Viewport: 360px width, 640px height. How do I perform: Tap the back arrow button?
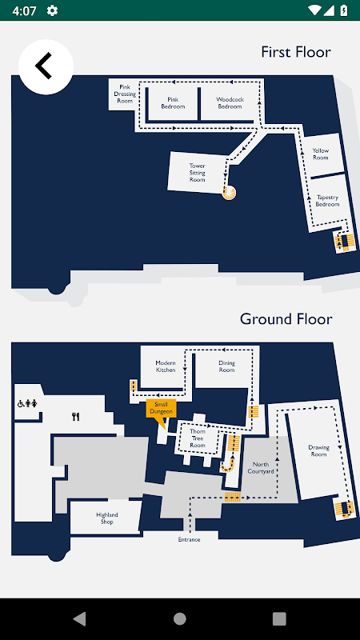[46, 67]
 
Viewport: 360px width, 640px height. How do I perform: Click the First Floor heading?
[296, 52]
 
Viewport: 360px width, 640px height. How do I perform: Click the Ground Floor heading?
[286, 318]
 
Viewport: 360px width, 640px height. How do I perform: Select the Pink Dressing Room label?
[125, 94]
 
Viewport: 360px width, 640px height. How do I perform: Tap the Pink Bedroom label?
[173, 103]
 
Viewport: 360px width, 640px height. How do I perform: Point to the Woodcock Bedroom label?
[230, 103]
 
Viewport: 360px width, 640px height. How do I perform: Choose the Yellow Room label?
[321, 154]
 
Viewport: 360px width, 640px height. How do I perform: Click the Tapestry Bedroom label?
[327, 201]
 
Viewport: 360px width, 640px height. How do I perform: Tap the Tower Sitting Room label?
[197, 173]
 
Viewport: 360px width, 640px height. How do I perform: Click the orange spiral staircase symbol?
[229, 193]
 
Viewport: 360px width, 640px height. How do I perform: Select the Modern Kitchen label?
[166, 366]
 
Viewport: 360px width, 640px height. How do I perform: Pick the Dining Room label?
[226, 366]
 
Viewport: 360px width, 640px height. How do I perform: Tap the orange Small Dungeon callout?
[162, 410]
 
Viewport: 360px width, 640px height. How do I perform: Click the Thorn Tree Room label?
[198, 438]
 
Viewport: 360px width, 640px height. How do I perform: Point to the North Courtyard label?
[261, 468]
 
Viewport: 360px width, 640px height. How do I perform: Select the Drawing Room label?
[318, 450]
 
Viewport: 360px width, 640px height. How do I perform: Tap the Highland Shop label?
[107, 518]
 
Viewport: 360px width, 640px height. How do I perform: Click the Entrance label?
[190, 539]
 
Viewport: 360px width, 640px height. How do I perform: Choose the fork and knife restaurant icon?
[75, 417]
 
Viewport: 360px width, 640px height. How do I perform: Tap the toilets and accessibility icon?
[27, 404]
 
